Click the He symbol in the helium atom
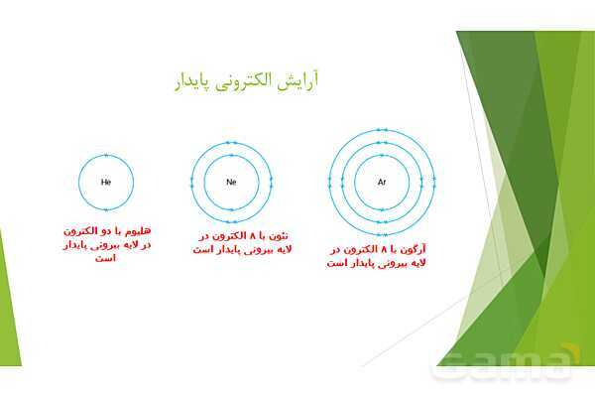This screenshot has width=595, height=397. pyautogui.click(x=106, y=183)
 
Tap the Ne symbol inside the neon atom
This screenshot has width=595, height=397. pyautogui.click(x=232, y=183)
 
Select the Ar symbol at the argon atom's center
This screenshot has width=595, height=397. pyautogui.click(x=382, y=183)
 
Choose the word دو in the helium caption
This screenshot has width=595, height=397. pyautogui.click(x=110, y=230)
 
